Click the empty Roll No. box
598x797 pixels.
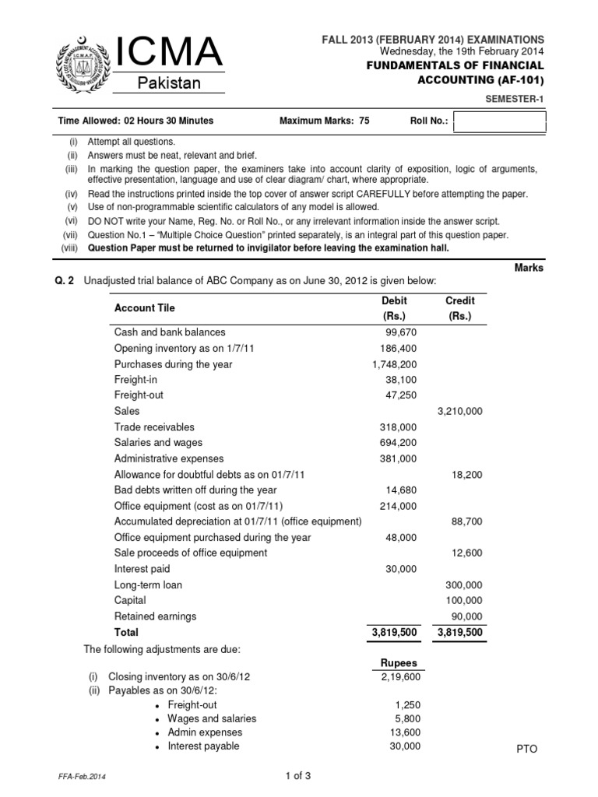click(499, 122)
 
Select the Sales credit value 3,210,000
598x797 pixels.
click(460, 411)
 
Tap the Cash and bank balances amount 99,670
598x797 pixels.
click(398, 332)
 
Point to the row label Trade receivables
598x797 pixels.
click(154, 427)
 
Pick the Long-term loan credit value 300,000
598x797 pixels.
click(463, 585)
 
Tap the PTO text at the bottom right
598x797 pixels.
click(527, 749)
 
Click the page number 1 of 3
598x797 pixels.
click(299, 775)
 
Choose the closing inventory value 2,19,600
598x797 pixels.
click(400, 677)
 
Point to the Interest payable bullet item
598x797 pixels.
click(203, 746)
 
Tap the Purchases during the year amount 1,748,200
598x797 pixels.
click(396, 363)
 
